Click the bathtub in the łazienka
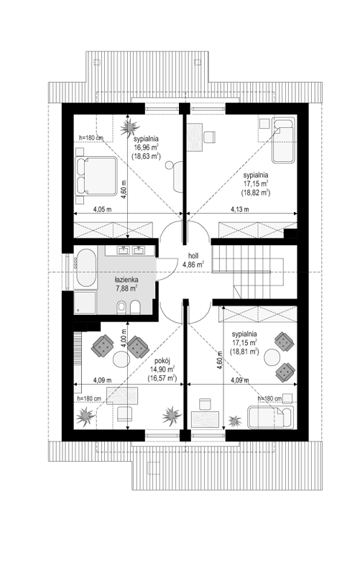tap(86, 268)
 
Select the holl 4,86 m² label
tap(193, 260)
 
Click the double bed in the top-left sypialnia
tap(96, 176)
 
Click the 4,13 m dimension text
tap(239, 209)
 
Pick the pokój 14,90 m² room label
tap(162, 370)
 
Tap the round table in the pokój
tap(121, 359)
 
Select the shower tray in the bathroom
tap(86, 302)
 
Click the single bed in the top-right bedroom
tap(283, 140)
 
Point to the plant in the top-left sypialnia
tap(129, 127)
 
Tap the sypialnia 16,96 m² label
tap(146, 147)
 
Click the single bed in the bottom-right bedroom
tap(269, 417)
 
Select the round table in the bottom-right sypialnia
tap(272, 357)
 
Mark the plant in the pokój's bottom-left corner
tap(86, 416)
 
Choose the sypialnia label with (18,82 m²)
tap(256, 183)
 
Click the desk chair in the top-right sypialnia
tap(210, 137)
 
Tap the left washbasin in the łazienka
tap(124, 250)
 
